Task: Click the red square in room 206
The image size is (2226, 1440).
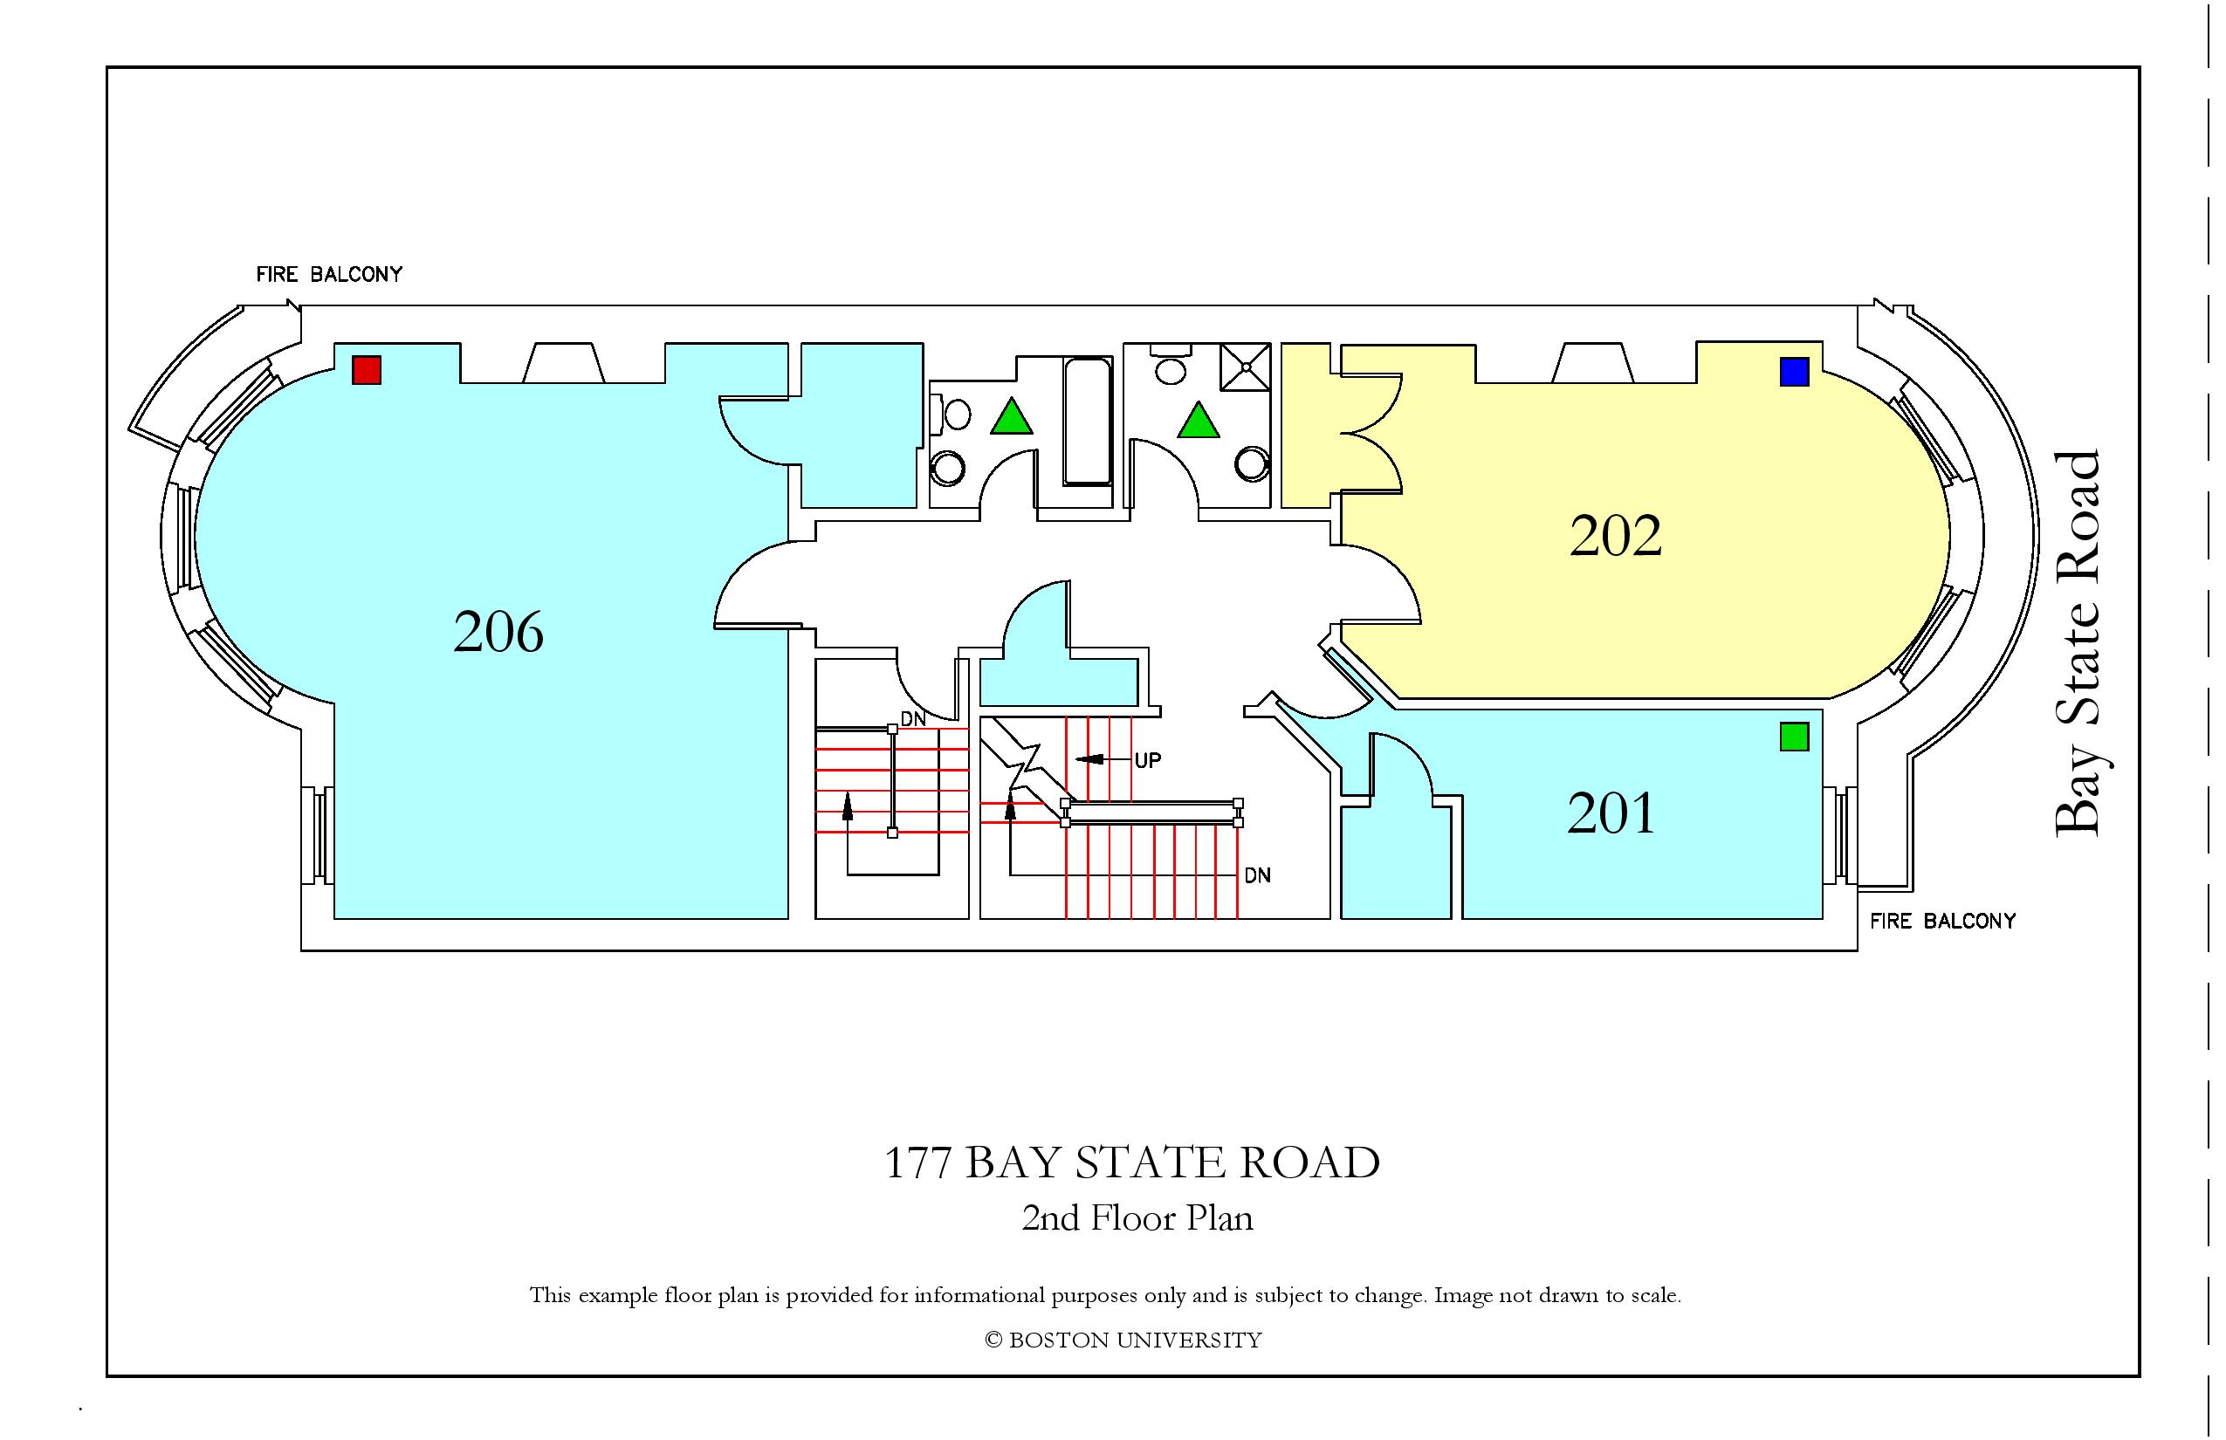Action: coord(367,369)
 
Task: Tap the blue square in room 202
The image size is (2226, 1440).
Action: coord(1794,371)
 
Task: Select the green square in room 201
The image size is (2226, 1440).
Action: coord(1794,737)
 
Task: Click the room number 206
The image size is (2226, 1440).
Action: coord(498,631)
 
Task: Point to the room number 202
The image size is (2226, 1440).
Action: coord(1615,536)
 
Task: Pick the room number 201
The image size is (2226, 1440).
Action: coord(1611,813)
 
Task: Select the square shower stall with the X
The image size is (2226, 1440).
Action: coord(1245,367)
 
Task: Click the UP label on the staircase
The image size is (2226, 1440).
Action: coord(1148,760)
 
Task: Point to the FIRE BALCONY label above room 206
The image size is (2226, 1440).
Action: coord(329,274)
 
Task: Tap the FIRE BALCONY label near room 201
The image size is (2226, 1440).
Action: coord(1942,921)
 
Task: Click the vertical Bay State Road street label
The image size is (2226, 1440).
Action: coord(2078,643)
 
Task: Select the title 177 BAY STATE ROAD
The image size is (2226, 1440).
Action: coord(1131,1162)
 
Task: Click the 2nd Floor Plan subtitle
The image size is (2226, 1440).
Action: coord(1137,1217)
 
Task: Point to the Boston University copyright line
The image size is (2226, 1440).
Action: coord(1123,1340)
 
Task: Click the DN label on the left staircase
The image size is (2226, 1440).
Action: coord(913,719)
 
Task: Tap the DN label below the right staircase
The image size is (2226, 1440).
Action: coord(1257,876)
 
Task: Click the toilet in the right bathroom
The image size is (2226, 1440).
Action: coord(1169,364)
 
